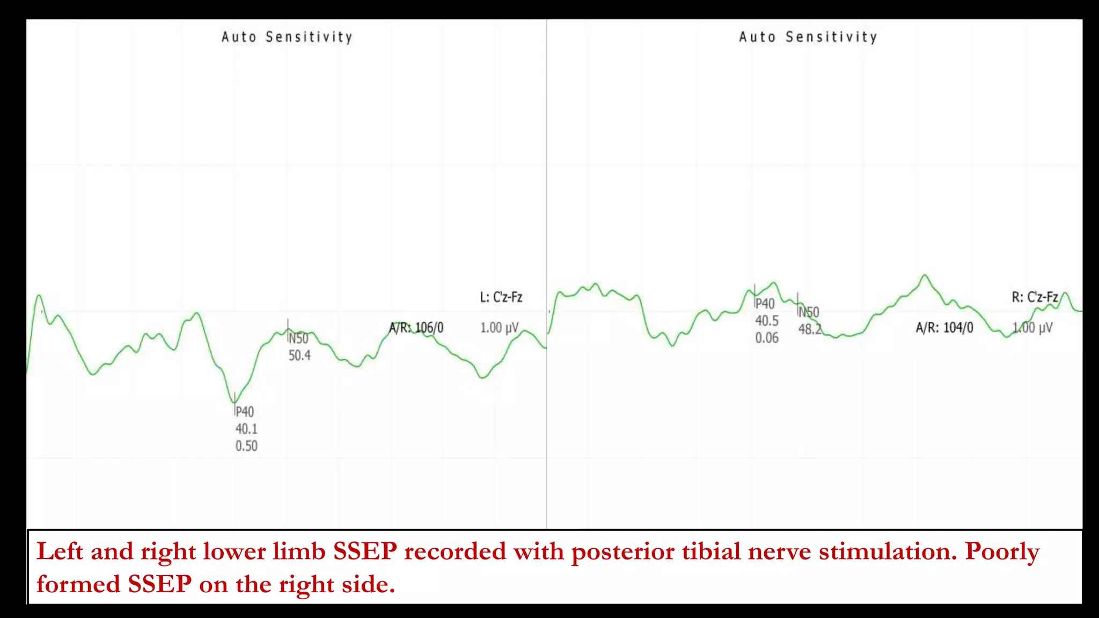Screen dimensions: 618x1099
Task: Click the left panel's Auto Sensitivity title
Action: coord(287,37)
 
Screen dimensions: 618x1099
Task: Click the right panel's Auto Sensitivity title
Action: coord(808,37)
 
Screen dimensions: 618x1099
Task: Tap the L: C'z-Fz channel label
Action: coord(501,297)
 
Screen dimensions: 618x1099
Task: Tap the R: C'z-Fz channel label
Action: coord(1035,297)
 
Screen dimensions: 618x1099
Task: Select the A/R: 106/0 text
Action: coord(416,328)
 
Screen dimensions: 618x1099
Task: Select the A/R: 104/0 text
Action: coord(944,328)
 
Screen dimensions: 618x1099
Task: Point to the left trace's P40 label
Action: coord(245,412)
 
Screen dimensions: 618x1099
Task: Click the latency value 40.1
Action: coord(246,429)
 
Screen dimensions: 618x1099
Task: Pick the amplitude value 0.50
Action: coord(246,446)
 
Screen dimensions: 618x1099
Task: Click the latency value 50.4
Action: coord(299,356)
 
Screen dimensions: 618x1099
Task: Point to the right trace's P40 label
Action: coord(765,304)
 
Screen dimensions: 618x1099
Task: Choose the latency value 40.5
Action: coord(767,321)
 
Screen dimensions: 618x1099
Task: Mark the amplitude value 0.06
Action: coord(767,338)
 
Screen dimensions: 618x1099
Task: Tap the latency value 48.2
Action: coord(809,329)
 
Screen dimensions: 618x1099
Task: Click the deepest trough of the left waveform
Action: coord(234,402)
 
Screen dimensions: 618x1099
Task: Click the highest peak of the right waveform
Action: coord(925,276)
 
